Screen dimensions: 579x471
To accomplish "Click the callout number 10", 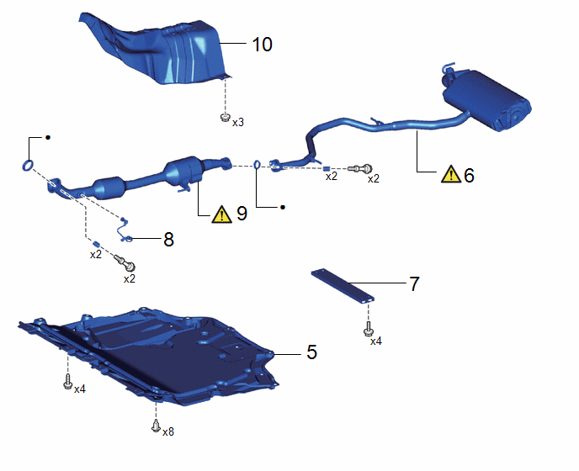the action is pos(263,45).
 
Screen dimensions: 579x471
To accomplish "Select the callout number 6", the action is pos(469,175).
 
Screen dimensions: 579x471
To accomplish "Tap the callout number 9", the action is pos(242,214).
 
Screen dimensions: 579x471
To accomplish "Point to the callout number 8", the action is pos(168,240).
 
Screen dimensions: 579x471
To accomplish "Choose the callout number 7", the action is pos(415,283).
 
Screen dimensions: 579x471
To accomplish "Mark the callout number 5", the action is pos(312,352).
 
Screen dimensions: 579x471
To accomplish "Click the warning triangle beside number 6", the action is pos(451,174).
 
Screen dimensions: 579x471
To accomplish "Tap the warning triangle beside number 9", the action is pos(221,214).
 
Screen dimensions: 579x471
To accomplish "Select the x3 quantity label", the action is pos(238,123).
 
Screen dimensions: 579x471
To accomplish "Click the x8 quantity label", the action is pos(168,431).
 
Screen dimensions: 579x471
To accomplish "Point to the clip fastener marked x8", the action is pos(156,426).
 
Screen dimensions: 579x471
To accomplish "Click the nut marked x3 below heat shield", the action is pos(225,118).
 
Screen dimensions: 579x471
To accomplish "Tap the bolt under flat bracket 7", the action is pos(368,329).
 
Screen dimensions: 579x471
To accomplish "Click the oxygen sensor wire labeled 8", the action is pos(124,230).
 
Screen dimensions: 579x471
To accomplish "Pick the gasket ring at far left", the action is pos(28,166).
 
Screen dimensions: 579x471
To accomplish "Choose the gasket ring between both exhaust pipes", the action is pos(257,165).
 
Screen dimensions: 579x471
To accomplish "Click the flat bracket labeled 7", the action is pos(343,287).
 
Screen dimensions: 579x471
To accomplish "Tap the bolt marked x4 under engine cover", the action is pos(67,382).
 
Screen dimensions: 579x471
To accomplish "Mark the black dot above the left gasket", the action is pos(48,138).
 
